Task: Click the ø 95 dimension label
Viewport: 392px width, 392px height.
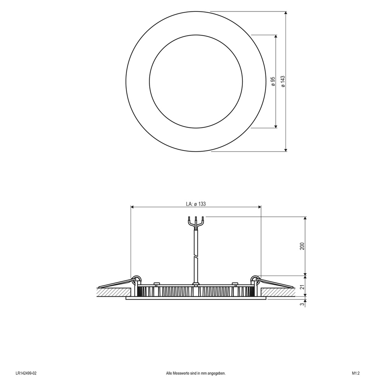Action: (x=273, y=82)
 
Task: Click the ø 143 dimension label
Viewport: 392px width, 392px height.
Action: (x=283, y=82)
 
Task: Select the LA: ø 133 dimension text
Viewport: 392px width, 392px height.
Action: (x=196, y=204)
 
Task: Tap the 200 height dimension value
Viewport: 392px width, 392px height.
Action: (x=302, y=246)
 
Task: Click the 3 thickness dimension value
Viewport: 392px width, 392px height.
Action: (x=302, y=304)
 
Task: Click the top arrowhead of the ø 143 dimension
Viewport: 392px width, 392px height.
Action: (x=286, y=14)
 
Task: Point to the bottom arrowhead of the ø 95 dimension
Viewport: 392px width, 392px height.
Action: (x=276, y=126)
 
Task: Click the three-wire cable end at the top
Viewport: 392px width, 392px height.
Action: (x=196, y=221)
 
